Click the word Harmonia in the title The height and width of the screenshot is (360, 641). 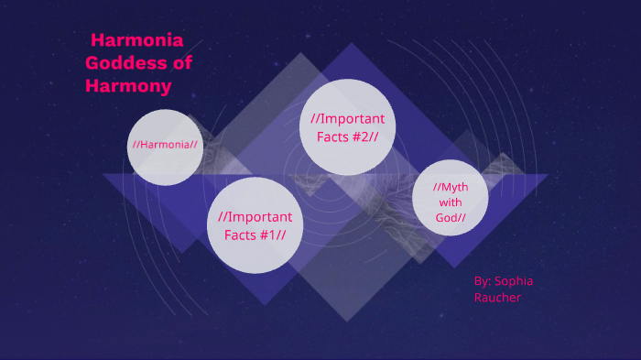138,40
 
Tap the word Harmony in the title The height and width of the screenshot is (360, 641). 128,86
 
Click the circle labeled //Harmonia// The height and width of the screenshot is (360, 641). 165,147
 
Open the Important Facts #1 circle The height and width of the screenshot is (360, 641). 255,225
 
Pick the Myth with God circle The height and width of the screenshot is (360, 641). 450,202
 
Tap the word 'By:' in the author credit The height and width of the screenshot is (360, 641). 483,280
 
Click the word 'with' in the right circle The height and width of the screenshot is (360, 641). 451,202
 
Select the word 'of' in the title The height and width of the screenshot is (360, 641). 182,63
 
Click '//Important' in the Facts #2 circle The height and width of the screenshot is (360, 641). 347,118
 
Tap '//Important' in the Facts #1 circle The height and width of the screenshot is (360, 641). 255,217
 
